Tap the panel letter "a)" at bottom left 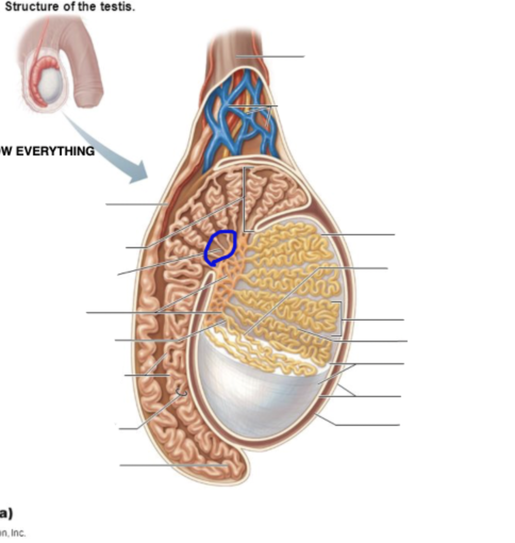[x=6, y=513]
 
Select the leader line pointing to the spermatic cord [x=271, y=56]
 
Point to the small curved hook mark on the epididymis [x=181, y=393]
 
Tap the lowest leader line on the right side [x=367, y=425]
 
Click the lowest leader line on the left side [x=170, y=465]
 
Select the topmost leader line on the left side [x=136, y=204]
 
